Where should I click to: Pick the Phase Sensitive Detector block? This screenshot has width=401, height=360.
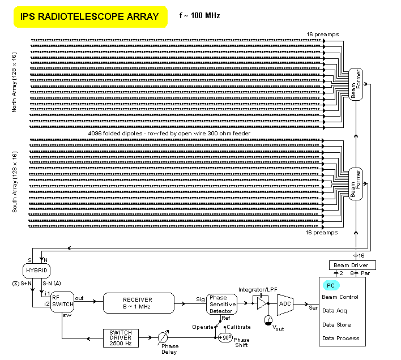coord(222,304)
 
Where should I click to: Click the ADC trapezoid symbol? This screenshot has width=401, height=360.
coord(284,303)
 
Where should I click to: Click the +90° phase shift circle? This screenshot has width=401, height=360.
coord(225,337)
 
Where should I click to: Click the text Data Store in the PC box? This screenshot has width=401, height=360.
coord(336,325)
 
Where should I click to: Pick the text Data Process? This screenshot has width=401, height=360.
coord(340,338)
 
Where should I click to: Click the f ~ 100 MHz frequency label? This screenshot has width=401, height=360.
coord(200,16)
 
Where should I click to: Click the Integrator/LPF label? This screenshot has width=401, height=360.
coord(258,289)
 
